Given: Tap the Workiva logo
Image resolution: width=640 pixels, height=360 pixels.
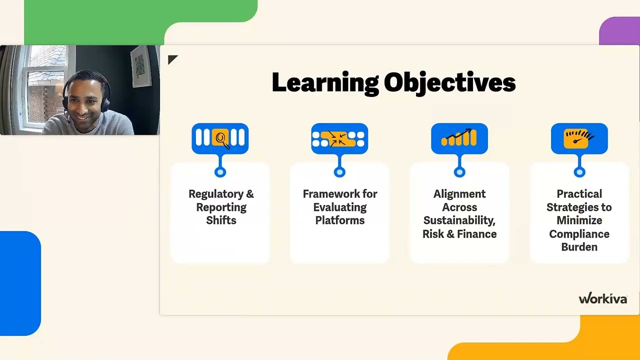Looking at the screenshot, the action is click(603, 298).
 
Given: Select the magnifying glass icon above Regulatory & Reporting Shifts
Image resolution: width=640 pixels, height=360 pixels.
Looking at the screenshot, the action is click(220, 138).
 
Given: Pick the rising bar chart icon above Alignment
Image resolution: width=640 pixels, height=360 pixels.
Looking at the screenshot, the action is click(459, 138).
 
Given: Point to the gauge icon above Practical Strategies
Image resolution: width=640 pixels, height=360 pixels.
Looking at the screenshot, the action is click(579, 138).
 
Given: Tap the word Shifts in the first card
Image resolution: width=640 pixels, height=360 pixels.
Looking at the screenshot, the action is click(221, 220).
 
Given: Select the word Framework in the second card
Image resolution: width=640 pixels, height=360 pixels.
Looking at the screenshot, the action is click(331, 194).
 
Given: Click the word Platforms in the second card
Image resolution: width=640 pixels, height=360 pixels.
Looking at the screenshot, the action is click(339, 220).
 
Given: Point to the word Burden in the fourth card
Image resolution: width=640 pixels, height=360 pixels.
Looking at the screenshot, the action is click(579, 247).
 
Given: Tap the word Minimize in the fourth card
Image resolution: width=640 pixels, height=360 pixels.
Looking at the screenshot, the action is click(579, 220).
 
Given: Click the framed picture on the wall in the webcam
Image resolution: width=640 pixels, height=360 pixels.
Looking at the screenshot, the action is click(140, 67).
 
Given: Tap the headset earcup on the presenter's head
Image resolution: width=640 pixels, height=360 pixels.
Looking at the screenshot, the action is click(104, 104).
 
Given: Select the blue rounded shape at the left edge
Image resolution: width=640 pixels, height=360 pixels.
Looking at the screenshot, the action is click(20, 283).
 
